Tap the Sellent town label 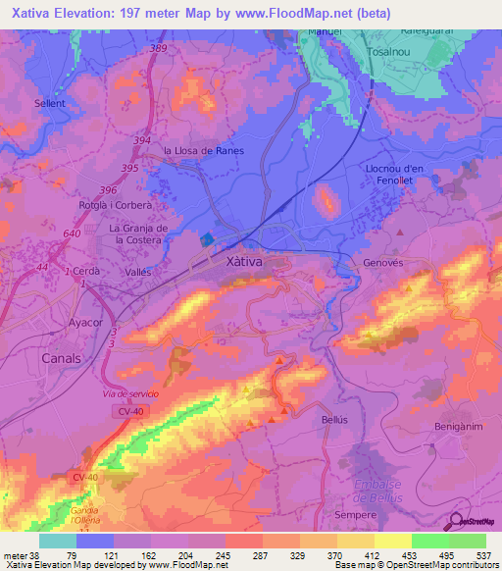click(49, 103)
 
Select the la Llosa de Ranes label click(203, 150)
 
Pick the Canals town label click(62, 358)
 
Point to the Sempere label click(356, 514)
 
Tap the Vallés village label click(138, 270)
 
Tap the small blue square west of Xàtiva click(207, 238)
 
